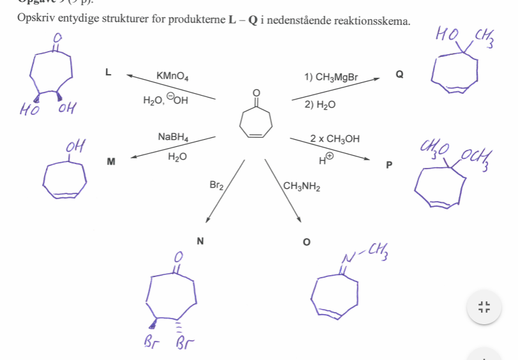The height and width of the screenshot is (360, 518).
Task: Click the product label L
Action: click(x=108, y=73)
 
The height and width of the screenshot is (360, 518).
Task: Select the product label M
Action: click(x=111, y=162)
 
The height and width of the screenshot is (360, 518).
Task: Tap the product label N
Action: click(x=200, y=241)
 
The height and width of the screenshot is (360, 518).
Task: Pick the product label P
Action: click(x=389, y=165)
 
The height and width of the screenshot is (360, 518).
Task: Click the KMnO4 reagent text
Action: click(x=172, y=77)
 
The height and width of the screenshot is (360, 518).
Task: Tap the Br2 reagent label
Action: click(x=217, y=186)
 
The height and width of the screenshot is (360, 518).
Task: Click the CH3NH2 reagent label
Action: click(x=302, y=186)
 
